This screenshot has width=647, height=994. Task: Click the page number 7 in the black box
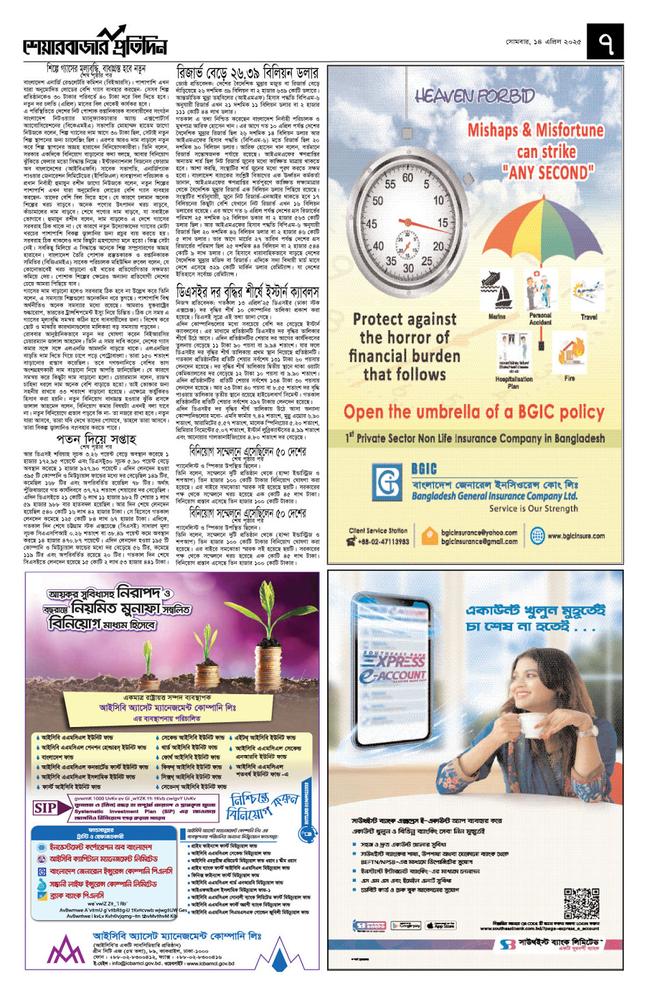605,42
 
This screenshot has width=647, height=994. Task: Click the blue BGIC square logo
388,483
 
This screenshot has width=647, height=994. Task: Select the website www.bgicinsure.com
576,536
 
